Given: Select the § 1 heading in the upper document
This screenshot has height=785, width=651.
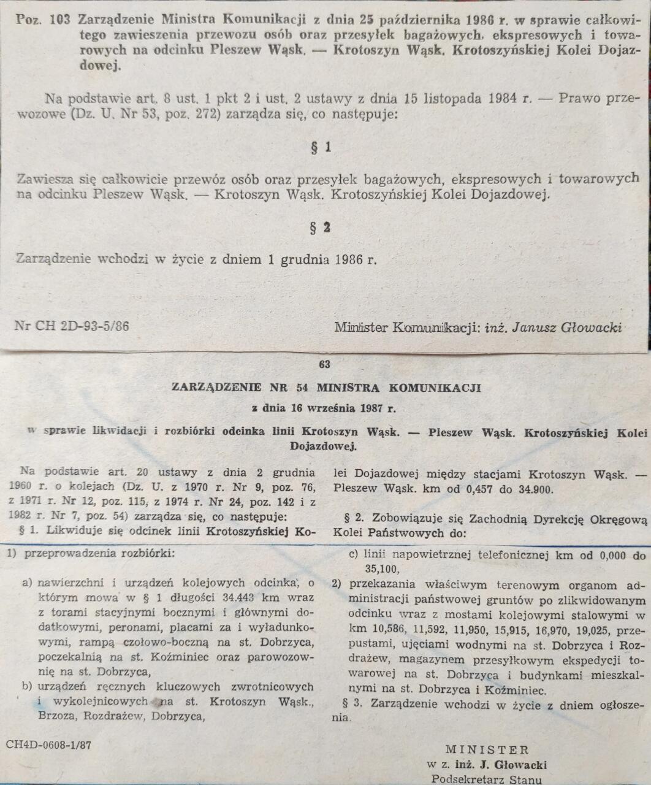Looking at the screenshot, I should pos(321,147).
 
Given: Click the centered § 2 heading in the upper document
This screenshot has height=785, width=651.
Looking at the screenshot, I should pos(321,228).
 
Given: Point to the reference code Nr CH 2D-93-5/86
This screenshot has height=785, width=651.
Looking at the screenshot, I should pos(72,326).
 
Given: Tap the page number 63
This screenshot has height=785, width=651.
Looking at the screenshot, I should pos(325,364).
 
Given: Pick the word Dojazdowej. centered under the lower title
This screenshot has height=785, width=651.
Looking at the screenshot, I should pos(323,446).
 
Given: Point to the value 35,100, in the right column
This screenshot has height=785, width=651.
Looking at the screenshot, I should pos(368,569).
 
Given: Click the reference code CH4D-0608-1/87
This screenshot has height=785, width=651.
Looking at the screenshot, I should pos(49,746).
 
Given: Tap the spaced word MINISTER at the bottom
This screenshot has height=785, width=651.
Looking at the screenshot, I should pos(487,749).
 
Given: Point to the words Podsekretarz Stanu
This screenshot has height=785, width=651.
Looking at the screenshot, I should pos(487,779).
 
